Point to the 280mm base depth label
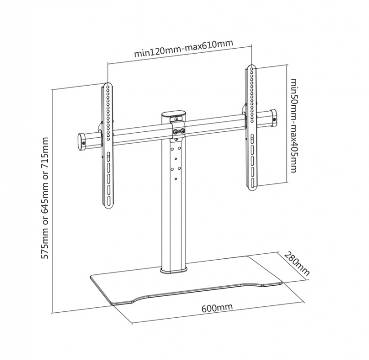pos(297,264)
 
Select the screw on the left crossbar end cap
pos(83,143)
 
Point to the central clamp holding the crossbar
pos(178,132)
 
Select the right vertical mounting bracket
pos(252,128)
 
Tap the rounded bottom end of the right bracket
pos(253,186)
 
